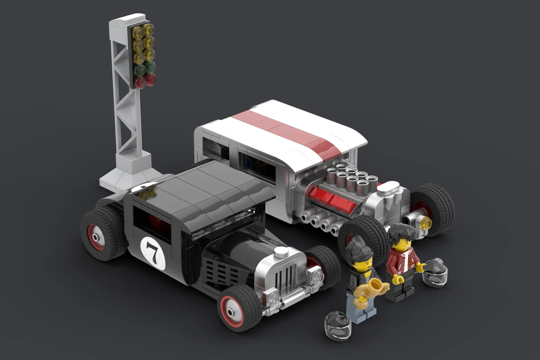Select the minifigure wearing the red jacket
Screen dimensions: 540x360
pyautogui.click(x=403, y=262)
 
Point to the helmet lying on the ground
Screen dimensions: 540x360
pyautogui.click(x=337, y=325)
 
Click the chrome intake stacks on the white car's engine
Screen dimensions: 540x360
pyautogui.click(x=351, y=178)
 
